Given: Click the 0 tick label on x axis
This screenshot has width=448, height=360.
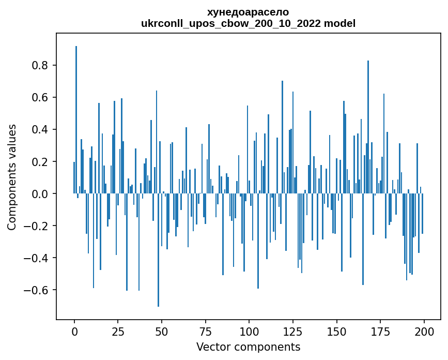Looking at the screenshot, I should click(x=74, y=331).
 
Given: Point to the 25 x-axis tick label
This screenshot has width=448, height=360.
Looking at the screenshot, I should click(x=118, y=331).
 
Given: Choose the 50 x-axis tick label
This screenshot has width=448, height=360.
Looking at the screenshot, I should click(x=162, y=331).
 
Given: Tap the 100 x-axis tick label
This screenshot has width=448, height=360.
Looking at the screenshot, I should click(x=249, y=331).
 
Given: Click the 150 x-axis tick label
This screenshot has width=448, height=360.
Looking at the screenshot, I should click(x=336, y=331).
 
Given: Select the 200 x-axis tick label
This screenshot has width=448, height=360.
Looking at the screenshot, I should click(x=424, y=331).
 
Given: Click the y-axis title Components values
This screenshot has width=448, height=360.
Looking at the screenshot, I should click(x=12, y=177).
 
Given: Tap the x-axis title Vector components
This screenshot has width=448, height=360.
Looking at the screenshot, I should click(x=248, y=347).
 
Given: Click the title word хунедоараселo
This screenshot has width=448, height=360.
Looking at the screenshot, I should click(x=248, y=12).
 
